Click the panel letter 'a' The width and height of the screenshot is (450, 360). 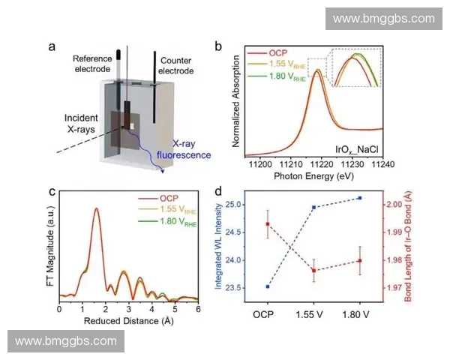coord(52,47)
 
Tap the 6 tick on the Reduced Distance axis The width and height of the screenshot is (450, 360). coord(198,308)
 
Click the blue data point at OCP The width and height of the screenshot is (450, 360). coord(267,286)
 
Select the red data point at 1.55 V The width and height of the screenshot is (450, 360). coord(313,271)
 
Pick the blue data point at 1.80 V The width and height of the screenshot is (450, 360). coord(360,198)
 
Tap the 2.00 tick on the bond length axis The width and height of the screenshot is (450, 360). coord(391,204)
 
